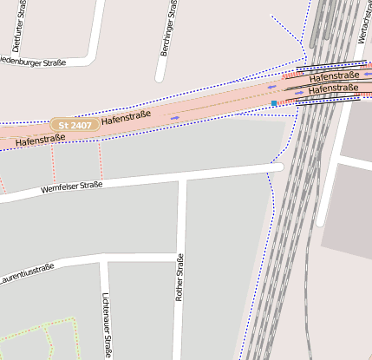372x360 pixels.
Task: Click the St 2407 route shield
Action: [72, 126]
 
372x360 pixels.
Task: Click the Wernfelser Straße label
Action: [72, 188]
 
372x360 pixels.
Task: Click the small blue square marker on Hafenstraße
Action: [274, 103]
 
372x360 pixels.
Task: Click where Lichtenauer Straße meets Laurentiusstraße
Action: [103, 259]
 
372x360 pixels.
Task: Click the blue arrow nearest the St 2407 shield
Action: [175, 117]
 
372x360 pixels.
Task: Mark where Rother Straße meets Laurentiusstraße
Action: [178, 256]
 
